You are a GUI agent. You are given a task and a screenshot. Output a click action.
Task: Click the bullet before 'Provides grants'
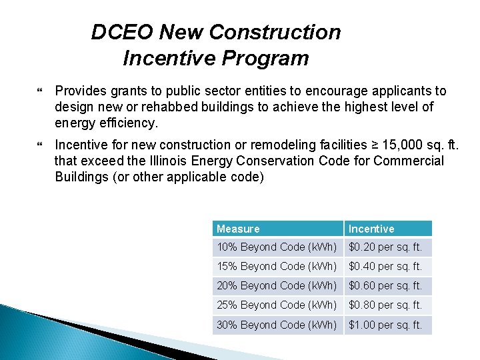[42, 91]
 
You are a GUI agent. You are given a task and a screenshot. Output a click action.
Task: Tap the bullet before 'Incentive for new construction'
[42, 145]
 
